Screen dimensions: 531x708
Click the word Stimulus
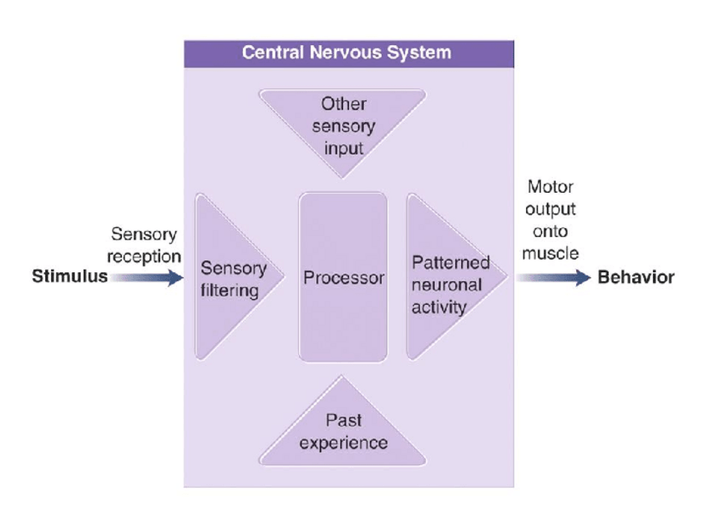tap(69, 277)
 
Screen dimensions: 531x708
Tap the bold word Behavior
tap(636, 278)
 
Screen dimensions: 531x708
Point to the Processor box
tap(343, 317)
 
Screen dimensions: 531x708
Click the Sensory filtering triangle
tap(220, 317)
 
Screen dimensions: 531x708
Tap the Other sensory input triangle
tap(343, 109)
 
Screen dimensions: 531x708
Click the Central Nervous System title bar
tap(348, 53)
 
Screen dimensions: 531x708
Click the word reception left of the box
tap(144, 255)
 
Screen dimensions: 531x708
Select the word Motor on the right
tap(550, 187)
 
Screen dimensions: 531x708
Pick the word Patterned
tap(451, 263)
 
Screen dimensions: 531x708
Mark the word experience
tap(343, 442)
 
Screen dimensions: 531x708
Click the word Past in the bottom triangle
tap(343, 421)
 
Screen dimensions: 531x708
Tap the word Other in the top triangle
tap(343, 105)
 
